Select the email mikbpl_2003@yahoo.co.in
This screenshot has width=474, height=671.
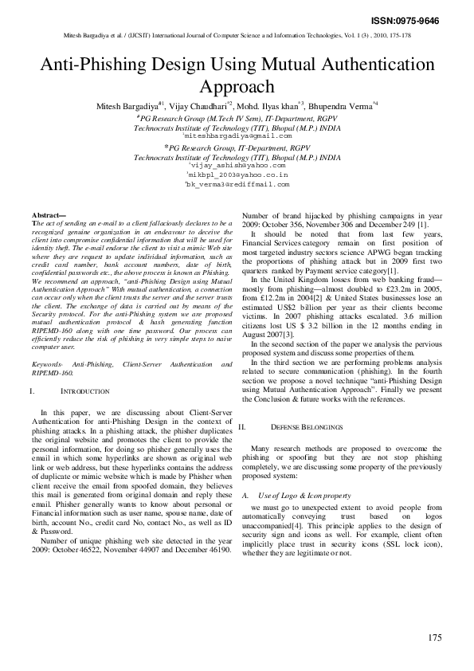point(237,175)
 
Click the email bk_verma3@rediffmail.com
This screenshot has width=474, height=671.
point(237,184)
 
